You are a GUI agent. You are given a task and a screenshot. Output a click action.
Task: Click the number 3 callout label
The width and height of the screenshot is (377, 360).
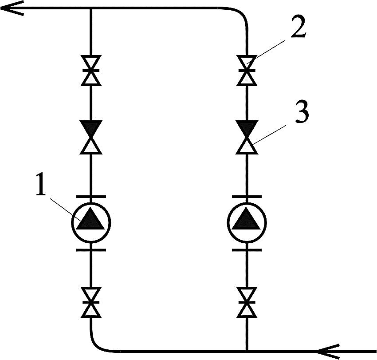tap(302, 112)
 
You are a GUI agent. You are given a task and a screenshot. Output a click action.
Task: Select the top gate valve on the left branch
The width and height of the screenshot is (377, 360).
tap(91, 71)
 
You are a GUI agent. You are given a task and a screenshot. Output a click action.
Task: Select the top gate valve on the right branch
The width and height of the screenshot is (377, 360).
tap(247, 71)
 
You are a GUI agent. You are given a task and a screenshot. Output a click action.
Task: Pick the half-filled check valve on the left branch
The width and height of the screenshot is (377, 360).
tap(91, 137)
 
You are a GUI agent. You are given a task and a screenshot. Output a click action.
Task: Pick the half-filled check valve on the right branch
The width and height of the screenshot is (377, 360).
tap(247, 137)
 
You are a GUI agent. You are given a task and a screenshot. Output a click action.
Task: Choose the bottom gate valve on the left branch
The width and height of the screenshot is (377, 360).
tap(91, 302)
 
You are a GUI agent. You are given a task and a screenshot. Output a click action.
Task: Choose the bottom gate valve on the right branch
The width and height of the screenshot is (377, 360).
tap(247, 302)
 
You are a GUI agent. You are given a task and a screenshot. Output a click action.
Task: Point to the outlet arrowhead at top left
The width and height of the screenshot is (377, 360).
tap(12, 8)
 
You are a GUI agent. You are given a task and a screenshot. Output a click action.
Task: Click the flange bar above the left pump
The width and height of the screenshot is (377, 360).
tap(91, 197)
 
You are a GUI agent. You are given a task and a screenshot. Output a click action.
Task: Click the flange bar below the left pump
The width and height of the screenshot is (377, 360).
tap(91, 250)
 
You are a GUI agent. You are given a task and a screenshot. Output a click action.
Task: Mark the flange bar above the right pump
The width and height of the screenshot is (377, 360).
tap(247, 197)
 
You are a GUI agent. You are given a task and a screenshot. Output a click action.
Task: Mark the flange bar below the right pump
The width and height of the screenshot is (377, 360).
tap(247, 250)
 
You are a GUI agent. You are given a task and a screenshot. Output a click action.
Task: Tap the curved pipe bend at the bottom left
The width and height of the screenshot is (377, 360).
tap(97, 347)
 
